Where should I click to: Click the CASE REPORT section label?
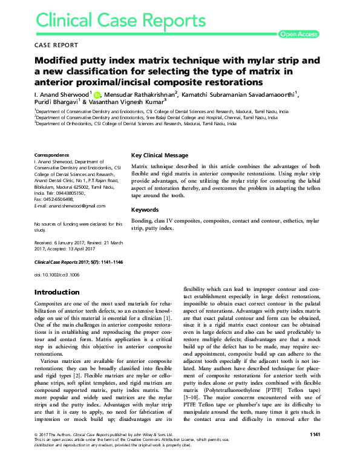pos(56,45)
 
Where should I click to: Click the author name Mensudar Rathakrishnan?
pos(140,94)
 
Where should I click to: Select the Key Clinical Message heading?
pos(160,155)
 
